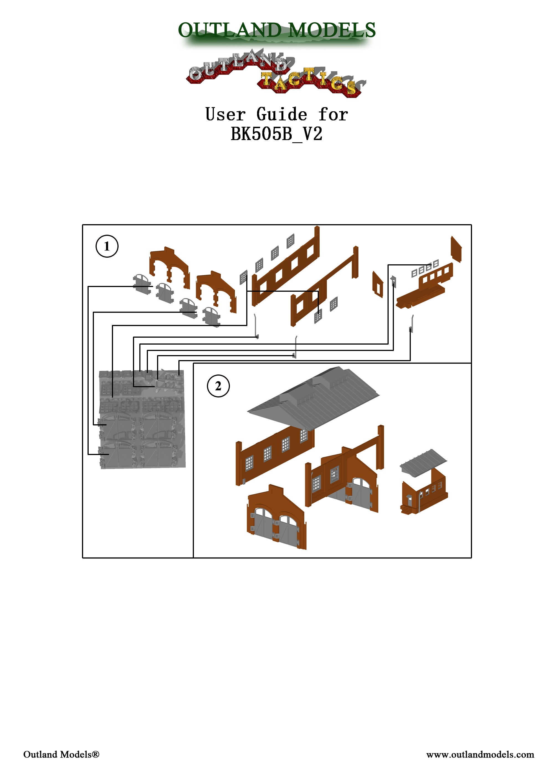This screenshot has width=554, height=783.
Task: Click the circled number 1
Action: (x=107, y=246)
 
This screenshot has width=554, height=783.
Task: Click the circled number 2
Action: (x=218, y=386)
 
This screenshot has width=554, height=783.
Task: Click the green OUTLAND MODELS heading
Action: (x=277, y=30)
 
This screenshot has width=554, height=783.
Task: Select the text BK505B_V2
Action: (x=276, y=134)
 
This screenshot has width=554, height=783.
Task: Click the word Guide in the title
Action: (x=282, y=114)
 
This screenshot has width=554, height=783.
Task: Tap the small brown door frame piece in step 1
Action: (x=378, y=284)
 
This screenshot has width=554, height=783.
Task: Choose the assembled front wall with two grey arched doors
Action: (x=276, y=518)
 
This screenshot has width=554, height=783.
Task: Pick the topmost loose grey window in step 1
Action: (x=291, y=241)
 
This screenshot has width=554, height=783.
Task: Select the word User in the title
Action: (x=225, y=114)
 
